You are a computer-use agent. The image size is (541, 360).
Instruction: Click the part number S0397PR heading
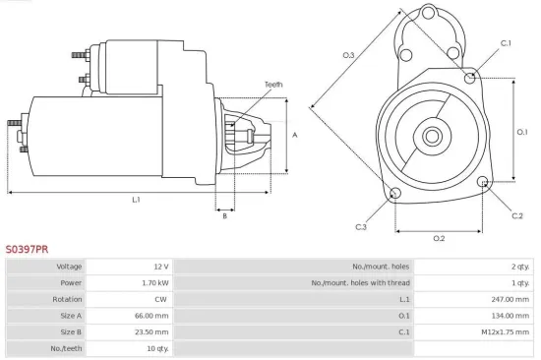(x=27, y=250)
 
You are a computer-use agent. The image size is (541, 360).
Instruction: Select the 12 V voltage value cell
(x=160, y=267)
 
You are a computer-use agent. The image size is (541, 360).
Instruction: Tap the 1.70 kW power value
(x=156, y=282)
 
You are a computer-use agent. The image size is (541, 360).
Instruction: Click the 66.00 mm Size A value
(x=153, y=316)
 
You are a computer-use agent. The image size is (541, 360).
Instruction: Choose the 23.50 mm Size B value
(x=153, y=331)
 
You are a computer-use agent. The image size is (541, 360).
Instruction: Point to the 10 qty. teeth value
(x=156, y=348)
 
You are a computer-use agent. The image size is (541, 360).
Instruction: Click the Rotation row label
(x=69, y=299)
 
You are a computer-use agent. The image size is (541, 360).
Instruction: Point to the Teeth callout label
(x=272, y=85)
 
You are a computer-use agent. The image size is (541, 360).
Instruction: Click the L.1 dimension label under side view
(x=137, y=200)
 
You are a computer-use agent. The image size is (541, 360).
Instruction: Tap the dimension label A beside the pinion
(x=296, y=135)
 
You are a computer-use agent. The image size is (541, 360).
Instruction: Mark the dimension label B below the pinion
(x=224, y=216)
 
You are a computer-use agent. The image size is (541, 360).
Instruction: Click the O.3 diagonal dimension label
(x=348, y=55)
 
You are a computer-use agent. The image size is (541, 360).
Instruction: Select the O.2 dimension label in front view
(x=439, y=238)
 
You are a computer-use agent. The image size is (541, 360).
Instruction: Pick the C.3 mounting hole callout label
(x=361, y=227)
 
